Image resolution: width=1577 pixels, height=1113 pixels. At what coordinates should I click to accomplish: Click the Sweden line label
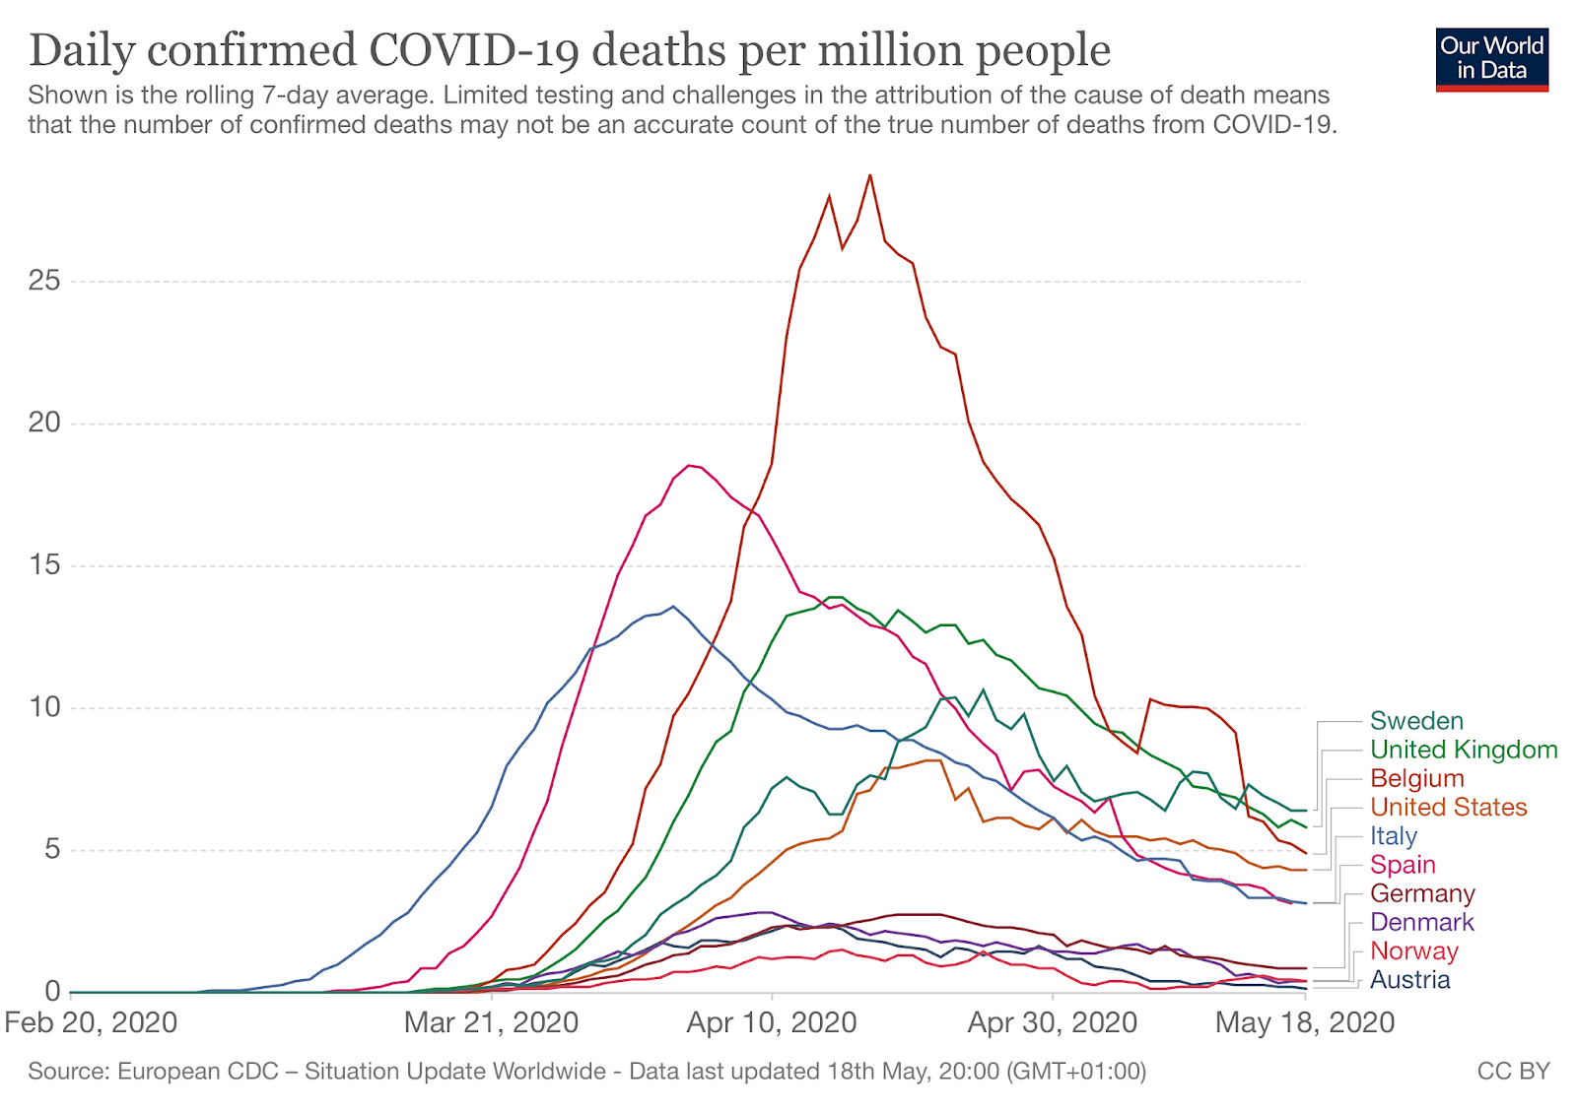tap(1416, 721)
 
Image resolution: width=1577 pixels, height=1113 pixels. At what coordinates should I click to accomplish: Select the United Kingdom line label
tap(1464, 750)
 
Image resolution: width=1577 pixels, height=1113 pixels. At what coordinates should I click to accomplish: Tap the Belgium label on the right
tap(1416, 778)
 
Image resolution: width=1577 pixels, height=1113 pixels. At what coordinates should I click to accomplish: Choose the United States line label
tap(1448, 807)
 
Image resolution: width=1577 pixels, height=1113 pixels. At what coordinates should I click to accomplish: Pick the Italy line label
tap(1393, 836)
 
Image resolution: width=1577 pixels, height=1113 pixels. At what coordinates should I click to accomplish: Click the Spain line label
tap(1402, 865)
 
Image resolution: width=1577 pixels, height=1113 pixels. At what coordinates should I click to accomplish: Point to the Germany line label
tap(1422, 893)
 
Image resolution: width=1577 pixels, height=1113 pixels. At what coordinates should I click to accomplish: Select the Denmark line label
tap(1421, 922)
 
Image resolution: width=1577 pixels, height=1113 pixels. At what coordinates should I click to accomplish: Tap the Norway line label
tap(1413, 950)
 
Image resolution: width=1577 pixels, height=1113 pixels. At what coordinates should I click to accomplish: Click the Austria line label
tap(1409, 979)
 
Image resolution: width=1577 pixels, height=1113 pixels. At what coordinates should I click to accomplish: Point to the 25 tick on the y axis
tap(44, 282)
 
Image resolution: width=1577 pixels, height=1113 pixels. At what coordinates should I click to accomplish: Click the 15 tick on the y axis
tap(44, 565)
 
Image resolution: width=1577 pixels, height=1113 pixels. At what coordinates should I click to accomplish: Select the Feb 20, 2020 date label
tap(91, 1022)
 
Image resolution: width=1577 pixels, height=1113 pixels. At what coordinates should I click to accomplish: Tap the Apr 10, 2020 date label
tap(772, 1022)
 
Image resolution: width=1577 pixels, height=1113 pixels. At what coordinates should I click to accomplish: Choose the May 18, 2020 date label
tap(1304, 1022)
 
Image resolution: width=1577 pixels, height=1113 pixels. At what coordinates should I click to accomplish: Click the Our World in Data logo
tap(1491, 59)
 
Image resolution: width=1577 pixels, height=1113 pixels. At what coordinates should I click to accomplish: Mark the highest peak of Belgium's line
tap(869, 175)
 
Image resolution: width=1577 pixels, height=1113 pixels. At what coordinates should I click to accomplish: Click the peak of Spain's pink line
tap(689, 465)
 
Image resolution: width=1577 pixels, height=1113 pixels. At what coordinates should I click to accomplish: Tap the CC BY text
tap(1513, 1071)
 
